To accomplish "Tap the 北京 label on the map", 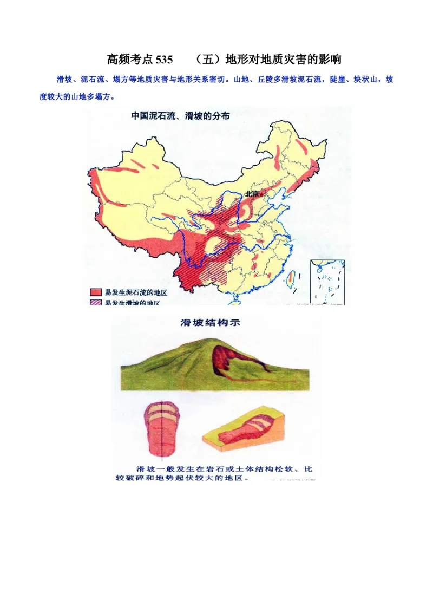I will point(252,193).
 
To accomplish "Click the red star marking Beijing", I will point(263,193).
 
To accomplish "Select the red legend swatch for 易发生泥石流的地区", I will point(96,292).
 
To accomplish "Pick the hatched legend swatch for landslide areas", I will point(96,302).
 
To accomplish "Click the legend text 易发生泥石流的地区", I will point(133,292).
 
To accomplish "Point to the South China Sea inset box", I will point(327,281).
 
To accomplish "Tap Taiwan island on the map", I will point(289,278).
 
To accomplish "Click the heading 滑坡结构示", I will point(211,323).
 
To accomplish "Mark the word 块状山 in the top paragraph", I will point(370,80).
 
